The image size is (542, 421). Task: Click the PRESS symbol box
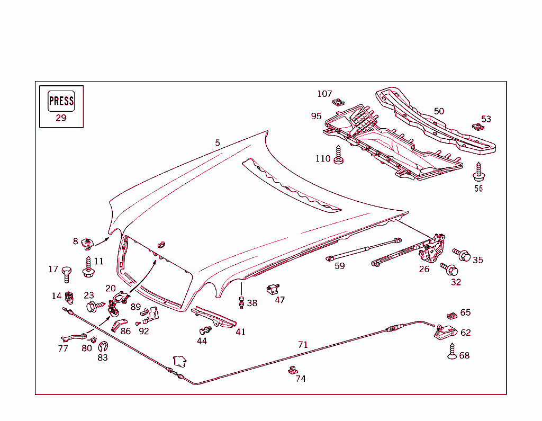(x=61, y=101)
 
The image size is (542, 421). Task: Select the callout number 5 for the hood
(x=218, y=143)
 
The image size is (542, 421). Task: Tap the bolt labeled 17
(x=67, y=274)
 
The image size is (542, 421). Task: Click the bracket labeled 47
(x=273, y=289)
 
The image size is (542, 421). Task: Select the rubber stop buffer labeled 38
(x=242, y=303)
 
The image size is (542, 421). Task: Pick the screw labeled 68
(x=452, y=352)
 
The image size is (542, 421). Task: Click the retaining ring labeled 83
(x=103, y=347)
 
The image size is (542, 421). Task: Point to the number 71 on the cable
(x=303, y=345)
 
